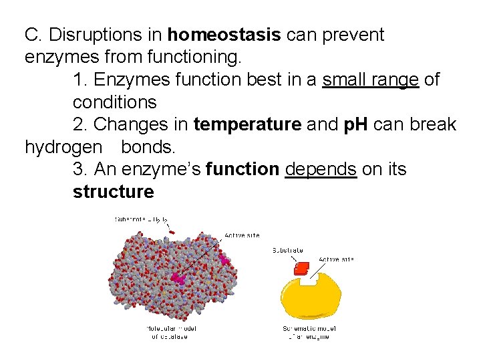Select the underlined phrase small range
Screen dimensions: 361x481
[x=370, y=80]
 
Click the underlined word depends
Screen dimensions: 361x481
[x=321, y=170]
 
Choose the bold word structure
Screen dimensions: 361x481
[x=113, y=193]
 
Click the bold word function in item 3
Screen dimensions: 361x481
[x=243, y=170]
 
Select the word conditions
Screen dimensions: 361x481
[x=114, y=103]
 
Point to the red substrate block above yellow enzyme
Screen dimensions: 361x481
[x=302, y=268]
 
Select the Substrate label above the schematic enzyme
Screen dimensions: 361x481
[x=288, y=251]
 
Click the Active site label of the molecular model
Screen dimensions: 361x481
[x=242, y=235]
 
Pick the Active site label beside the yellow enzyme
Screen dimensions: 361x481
[x=336, y=259]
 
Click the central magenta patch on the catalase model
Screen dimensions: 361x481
[x=178, y=276]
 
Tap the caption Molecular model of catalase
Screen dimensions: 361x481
[x=171, y=332]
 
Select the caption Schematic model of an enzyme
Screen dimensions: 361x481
[x=309, y=332]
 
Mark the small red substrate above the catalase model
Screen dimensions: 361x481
[x=172, y=232]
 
